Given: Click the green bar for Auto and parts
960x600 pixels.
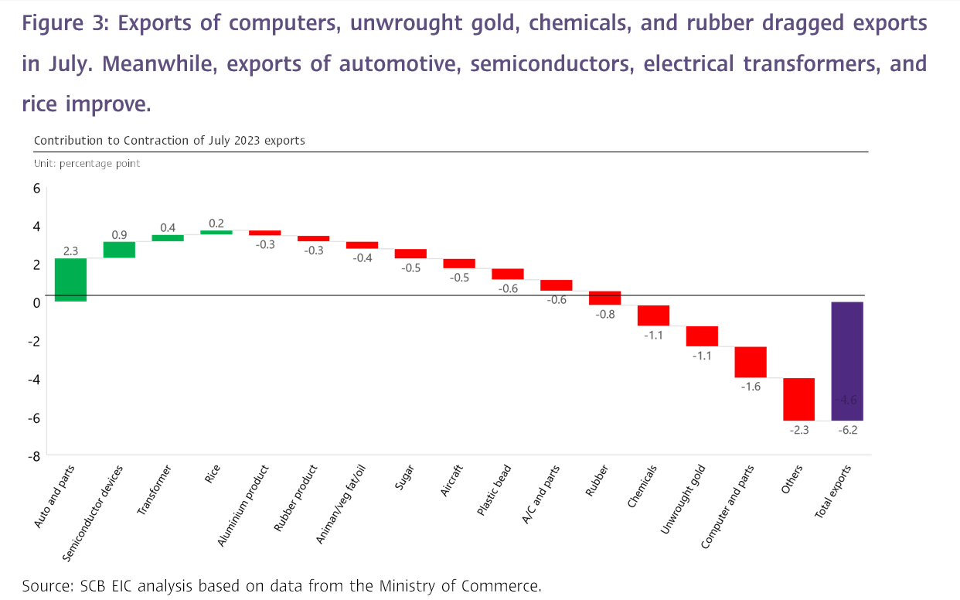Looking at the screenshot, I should (70, 279).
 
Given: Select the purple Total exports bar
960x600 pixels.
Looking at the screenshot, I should (847, 361).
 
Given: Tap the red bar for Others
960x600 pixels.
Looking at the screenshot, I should (798, 399).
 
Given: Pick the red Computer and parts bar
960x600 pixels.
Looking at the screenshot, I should (750, 362).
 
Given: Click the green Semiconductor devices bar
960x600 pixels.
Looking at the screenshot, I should (119, 249).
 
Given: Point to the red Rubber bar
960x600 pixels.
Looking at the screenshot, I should (604, 298).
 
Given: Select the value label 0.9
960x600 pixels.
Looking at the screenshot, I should (120, 234).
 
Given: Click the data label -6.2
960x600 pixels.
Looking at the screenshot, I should (848, 430).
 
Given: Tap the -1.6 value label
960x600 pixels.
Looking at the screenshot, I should (751, 387).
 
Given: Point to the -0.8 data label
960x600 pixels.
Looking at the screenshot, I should (605, 314).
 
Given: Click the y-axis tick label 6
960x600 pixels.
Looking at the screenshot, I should (36, 188).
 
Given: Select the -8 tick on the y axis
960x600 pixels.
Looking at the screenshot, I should (33, 455).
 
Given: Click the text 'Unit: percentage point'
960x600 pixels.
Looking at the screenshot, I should (87, 164).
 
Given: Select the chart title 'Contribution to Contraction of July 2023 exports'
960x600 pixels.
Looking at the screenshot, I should (169, 141).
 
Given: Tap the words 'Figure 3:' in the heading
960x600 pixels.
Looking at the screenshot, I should (66, 24).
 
